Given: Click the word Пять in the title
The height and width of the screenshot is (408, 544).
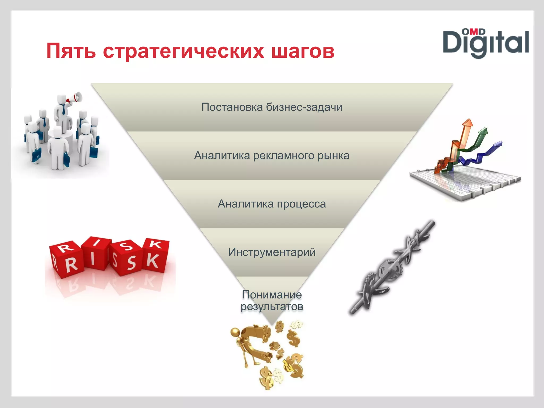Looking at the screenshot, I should [x=71, y=50].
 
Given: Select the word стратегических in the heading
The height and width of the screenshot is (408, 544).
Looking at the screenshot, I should [x=183, y=51].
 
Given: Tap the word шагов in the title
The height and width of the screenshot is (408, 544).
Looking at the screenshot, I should [x=303, y=51].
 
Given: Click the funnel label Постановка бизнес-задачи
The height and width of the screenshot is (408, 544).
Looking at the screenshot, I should [x=272, y=107].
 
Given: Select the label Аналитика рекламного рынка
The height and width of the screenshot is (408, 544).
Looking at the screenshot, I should [x=272, y=155].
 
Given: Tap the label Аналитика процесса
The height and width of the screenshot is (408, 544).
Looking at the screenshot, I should [x=272, y=204].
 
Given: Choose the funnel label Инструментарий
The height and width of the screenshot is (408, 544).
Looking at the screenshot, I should [x=272, y=252].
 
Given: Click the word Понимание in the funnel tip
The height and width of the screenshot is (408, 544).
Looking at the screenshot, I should [x=272, y=295].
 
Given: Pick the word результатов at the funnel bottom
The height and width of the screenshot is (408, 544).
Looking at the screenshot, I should [x=272, y=307].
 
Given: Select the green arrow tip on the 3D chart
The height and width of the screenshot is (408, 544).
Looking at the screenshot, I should [x=484, y=131].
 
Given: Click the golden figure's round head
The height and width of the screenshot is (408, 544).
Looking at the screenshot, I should [x=235, y=332].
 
